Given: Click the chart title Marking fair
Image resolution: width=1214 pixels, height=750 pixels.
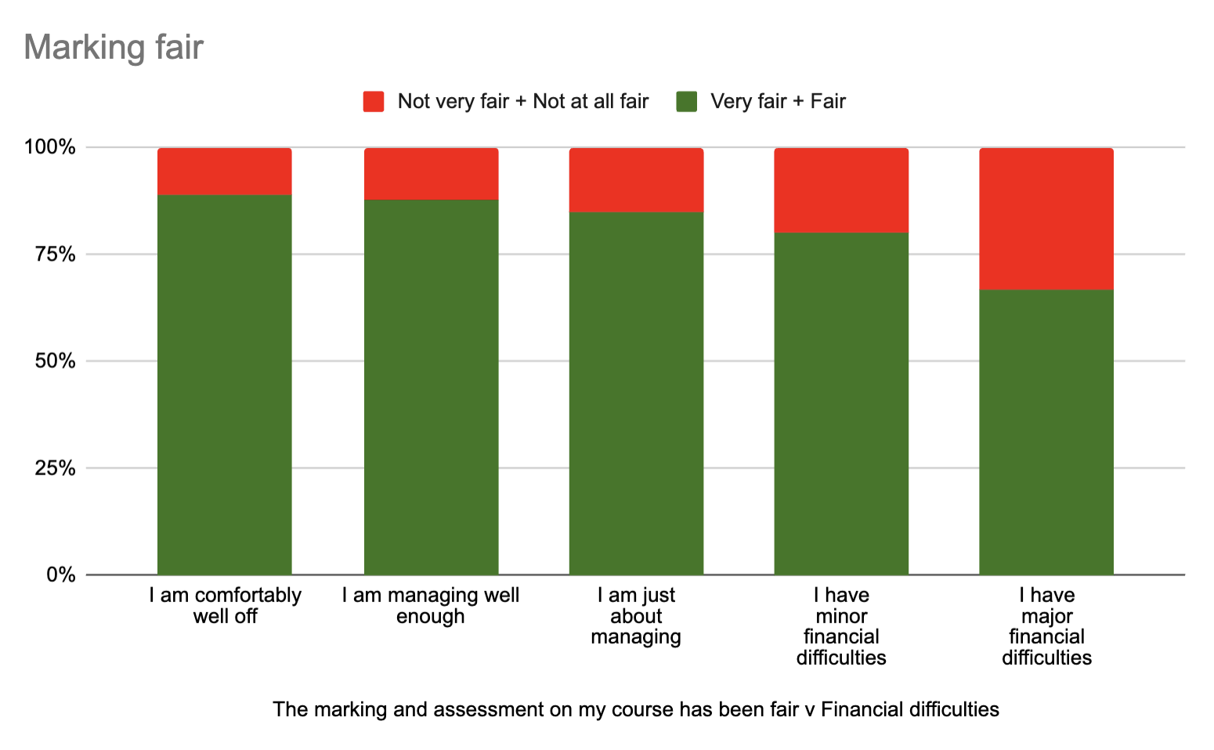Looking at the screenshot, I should (114, 47).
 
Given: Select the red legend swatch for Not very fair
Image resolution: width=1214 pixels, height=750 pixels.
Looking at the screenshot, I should (374, 102).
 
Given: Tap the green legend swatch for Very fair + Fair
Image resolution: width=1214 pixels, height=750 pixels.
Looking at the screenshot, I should (687, 102).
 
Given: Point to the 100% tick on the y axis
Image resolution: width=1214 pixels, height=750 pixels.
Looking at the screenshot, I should (50, 147).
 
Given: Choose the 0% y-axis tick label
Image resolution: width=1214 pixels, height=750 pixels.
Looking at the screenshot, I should (60, 575).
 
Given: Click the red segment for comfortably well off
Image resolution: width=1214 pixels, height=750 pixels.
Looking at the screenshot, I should (225, 171).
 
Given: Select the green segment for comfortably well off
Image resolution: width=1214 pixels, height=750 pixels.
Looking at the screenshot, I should (225, 384).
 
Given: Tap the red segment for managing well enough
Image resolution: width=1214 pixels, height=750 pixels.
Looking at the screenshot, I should (431, 174).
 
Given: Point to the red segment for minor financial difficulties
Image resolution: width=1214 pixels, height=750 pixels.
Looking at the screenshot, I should (841, 190).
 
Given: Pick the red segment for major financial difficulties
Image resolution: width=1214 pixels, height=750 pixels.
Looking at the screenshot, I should (1046, 218).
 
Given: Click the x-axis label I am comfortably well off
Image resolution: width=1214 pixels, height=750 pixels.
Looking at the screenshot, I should (225, 606).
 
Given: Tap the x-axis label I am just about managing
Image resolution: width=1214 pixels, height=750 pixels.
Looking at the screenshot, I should (636, 616).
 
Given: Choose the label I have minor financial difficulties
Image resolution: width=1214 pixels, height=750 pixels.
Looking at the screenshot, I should (841, 626).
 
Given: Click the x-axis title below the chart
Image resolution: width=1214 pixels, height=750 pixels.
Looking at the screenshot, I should (635, 710).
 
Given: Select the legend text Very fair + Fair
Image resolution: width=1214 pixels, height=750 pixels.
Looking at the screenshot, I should (778, 102).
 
